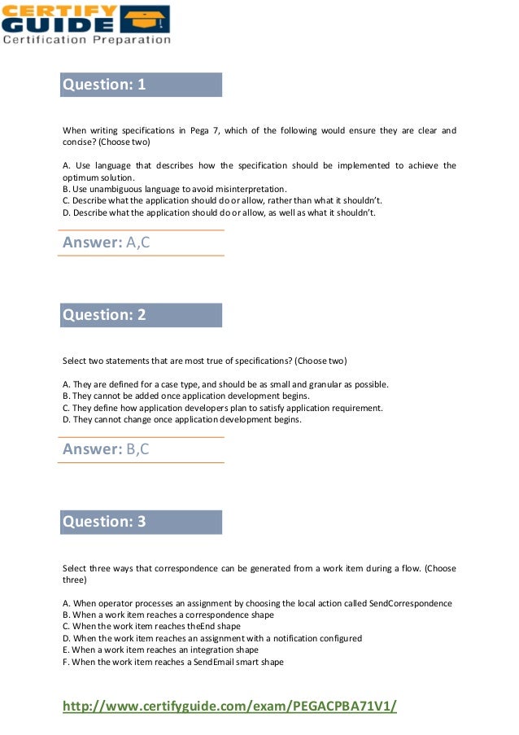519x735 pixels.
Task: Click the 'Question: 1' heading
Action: point(104,85)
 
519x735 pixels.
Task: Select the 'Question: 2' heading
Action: point(104,315)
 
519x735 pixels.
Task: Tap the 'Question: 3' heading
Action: point(104,522)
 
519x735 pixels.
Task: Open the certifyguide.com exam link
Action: point(229,706)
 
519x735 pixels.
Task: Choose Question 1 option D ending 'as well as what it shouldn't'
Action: point(219,212)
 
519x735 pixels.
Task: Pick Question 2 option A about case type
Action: point(225,384)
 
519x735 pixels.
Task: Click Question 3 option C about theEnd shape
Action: point(151,626)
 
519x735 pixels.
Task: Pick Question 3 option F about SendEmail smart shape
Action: point(172,662)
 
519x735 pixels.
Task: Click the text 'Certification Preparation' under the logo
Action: point(86,39)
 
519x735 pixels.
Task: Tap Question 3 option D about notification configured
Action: point(212,638)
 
